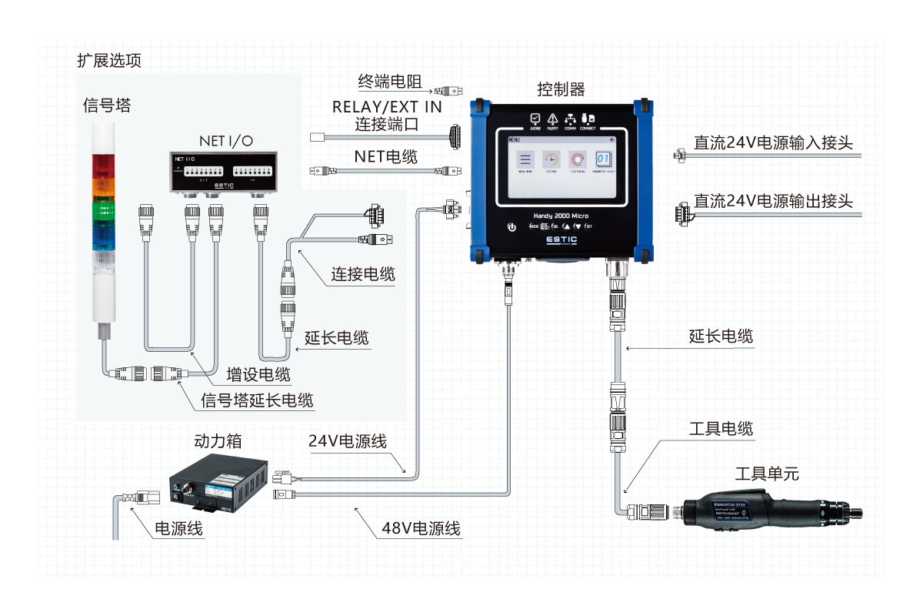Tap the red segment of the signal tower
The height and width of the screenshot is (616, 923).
tap(102, 166)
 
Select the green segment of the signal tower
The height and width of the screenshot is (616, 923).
tap(102, 213)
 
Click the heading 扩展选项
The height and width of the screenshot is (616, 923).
tap(108, 60)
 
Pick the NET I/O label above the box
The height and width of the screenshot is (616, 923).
tap(225, 140)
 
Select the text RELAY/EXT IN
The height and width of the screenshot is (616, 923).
tap(387, 107)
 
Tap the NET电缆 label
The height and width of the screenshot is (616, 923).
tap(386, 157)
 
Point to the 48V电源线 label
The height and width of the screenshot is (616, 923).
tap(421, 528)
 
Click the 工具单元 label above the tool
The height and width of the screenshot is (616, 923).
tap(761, 473)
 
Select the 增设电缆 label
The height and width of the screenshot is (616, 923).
tap(258, 375)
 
